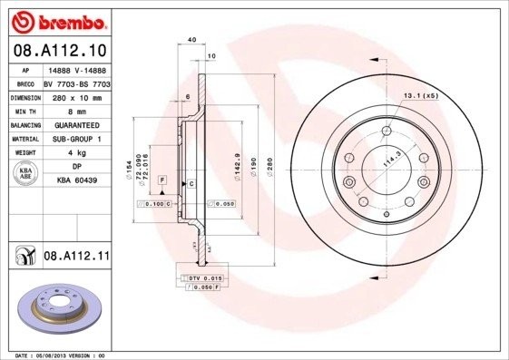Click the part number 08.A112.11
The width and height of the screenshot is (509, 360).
76,257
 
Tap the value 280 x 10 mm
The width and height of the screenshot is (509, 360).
76,95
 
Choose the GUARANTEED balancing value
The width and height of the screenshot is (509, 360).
76,124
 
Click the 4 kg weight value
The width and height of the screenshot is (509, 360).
76,153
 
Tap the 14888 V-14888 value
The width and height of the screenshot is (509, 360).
76,68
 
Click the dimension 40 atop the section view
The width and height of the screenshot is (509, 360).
191,40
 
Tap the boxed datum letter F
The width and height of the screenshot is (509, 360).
162,181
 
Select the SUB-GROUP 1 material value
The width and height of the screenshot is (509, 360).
76,139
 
